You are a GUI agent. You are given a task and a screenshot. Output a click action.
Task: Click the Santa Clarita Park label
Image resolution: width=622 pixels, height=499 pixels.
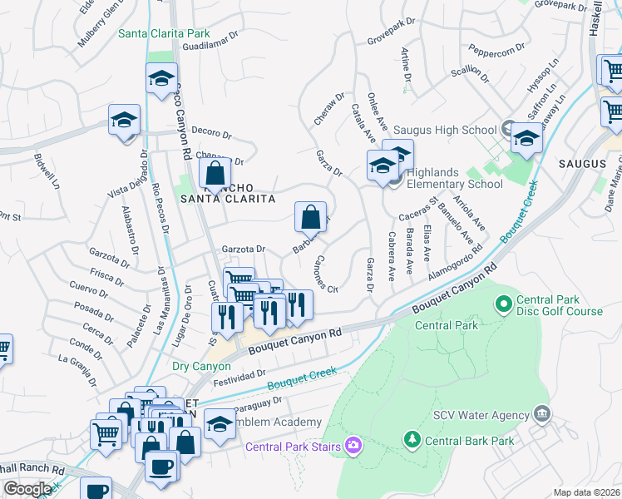tap(164, 34)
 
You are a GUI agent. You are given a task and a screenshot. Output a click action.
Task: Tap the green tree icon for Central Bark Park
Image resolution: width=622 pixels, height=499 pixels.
tap(411, 437)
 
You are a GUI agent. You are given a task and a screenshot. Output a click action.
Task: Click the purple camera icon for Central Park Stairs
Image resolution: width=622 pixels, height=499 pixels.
tap(353, 447)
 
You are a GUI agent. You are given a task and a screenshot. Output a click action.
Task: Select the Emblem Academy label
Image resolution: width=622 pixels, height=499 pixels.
tap(279, 422)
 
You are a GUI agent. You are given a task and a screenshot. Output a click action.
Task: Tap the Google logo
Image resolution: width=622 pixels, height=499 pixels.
tap(27, 489)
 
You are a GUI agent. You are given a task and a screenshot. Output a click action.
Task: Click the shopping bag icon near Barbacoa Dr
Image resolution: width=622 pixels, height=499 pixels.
tap(310, 218)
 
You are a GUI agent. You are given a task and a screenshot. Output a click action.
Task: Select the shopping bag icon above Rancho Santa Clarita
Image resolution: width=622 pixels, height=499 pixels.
tap(215, 174)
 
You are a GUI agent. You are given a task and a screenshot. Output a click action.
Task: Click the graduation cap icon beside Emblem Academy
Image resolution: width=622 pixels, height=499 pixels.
tap(220, 424)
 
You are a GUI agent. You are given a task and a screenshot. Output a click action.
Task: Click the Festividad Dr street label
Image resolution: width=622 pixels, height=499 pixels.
tap(241, 378)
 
